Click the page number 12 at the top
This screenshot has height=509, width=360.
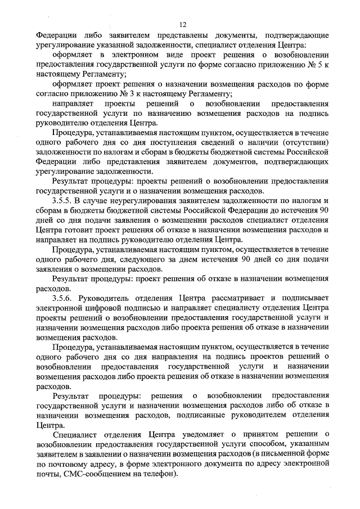183,24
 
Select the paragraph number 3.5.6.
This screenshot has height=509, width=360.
63,297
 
